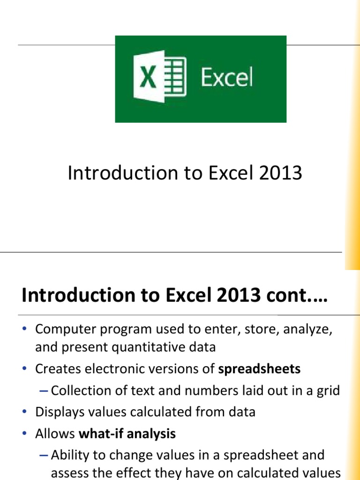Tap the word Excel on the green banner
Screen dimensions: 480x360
click(227, 78)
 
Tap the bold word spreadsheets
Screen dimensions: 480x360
click(259, 369)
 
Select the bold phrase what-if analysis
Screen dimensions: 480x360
click(127, 434)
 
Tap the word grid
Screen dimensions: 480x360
click(329, 390)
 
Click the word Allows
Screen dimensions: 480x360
click(55, 434)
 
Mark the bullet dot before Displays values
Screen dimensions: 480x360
click(26, 412)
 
